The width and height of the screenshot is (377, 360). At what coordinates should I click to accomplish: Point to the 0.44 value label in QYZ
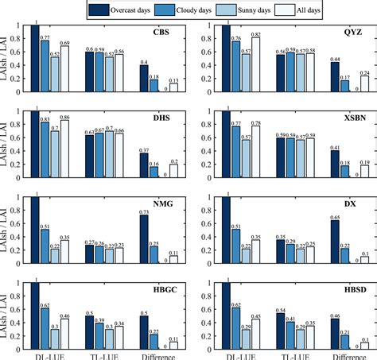[335, 59]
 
